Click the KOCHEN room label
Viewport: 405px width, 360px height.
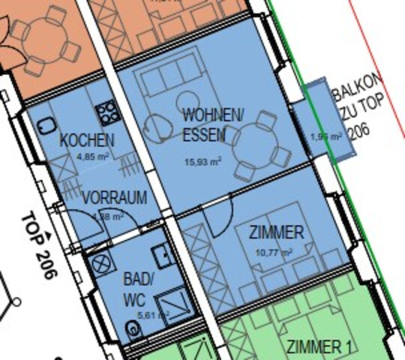click(x=88, y=139)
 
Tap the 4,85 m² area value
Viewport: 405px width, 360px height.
click(x=92, y=157)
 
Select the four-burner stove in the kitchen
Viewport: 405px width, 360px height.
click(x=108, y=113)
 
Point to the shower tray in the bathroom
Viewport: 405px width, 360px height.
click(x=174, y=306)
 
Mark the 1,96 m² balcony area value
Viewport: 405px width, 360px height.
click(x=325, y=136)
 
